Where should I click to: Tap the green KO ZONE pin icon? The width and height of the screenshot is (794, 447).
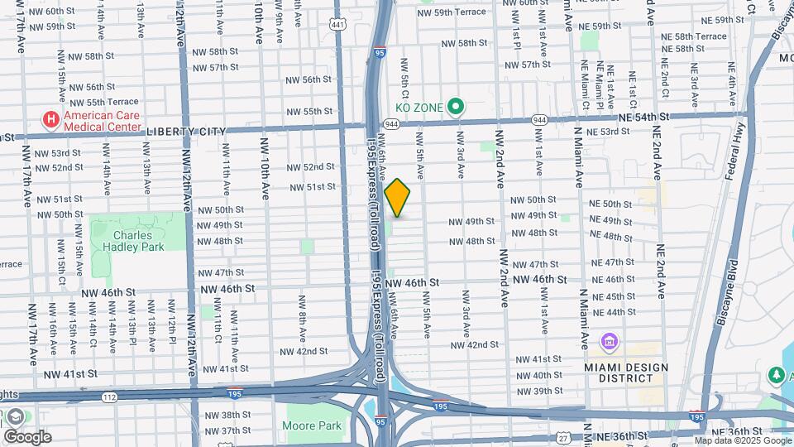pos(455,106)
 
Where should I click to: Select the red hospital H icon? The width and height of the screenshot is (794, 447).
pos(51,120)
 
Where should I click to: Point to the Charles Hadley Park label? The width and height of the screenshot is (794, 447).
pos(139,240)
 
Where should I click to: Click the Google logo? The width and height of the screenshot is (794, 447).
pos(26,437)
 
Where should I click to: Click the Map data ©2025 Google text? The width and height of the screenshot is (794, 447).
pos(743,440)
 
